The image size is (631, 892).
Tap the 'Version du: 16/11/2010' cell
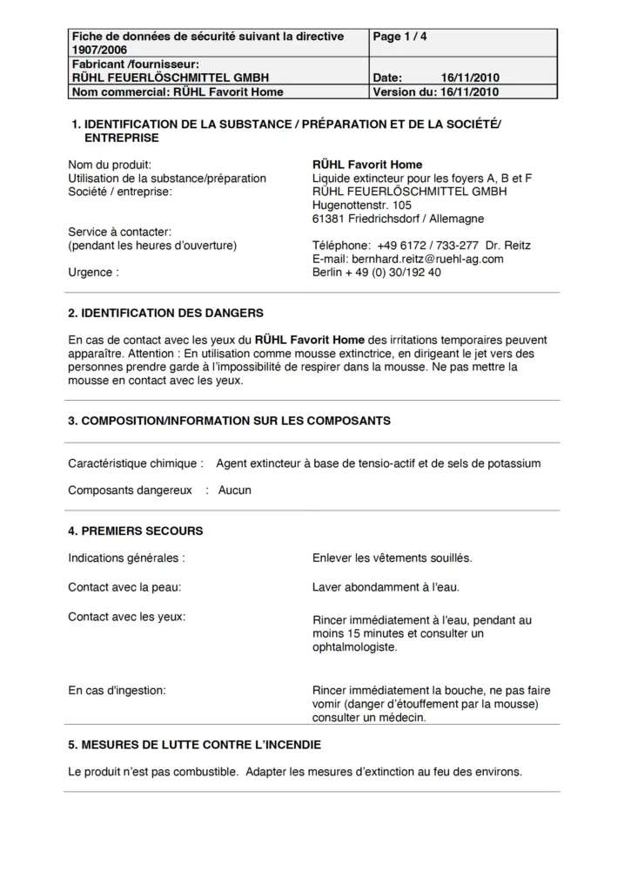(435, 91)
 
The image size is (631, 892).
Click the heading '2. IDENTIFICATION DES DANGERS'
(165, 313)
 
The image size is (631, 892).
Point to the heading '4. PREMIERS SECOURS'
(135, 530)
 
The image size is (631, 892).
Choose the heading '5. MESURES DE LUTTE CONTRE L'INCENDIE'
(194, 745)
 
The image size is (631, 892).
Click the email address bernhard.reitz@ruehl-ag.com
(408, 259)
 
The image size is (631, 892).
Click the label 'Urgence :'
(92, 272)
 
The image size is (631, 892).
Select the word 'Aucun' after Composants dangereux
(235, 490)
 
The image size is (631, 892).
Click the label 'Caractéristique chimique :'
(136, 463)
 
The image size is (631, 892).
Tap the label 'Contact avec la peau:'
(124, 587)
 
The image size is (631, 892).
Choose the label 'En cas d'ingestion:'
(117, 691)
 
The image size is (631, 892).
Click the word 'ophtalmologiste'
(353, 647)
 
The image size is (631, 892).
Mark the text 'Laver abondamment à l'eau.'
(386, 587)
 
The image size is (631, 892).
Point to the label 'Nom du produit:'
(110, 165)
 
